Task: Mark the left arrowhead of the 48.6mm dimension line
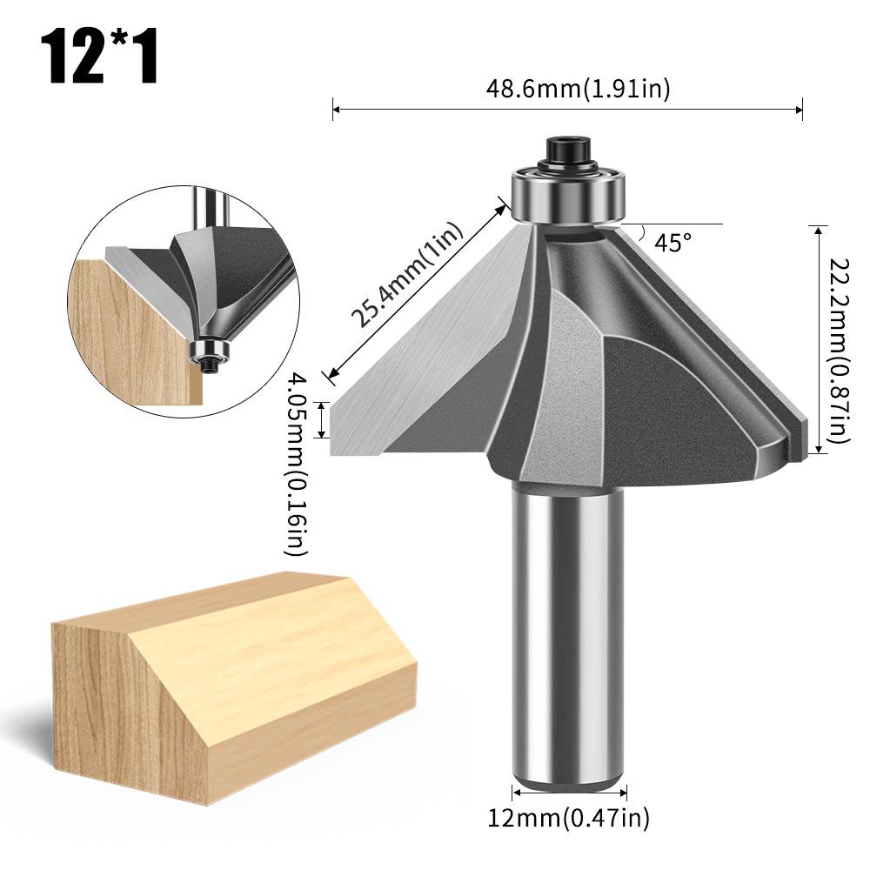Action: click(337, 109)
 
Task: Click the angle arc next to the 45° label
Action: click(642, 233)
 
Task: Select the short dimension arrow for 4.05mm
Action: click(325, 419)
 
